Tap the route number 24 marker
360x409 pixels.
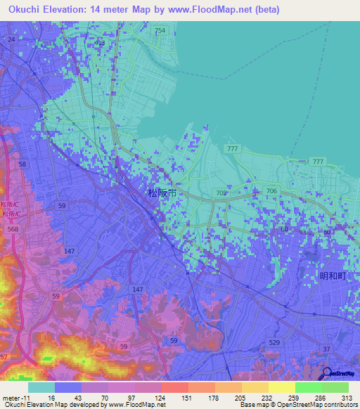pos(11,39)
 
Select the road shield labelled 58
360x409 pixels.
pos(23,164)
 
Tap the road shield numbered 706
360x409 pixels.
pos(271,191)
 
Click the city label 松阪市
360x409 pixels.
pos(161,192)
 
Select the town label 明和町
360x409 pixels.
pos(333,275)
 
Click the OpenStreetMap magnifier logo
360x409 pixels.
pos(328,373)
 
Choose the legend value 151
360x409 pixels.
pos(188,397)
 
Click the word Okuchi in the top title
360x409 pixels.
pos(20,9)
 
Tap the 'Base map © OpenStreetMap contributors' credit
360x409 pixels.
pos(298,405)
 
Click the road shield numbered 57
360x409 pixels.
pos(4,358)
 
